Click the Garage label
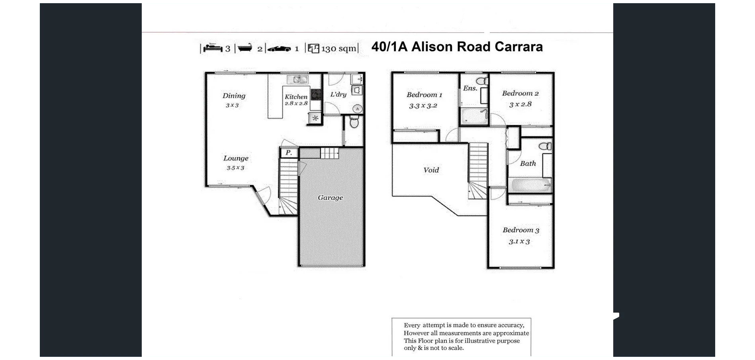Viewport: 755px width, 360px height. pos(330,198)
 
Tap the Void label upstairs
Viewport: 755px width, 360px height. pos(431,170)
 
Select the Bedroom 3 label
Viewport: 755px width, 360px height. pos(520,230)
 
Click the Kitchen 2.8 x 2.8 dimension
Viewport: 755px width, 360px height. pos(296,104)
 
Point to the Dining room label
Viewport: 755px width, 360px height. pos(234,96)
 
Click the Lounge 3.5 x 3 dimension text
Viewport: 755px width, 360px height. pos(235,168)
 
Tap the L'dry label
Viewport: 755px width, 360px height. pos(338,94)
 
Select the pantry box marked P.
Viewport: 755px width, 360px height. pos(289,153)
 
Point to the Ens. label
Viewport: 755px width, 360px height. pos(470,88)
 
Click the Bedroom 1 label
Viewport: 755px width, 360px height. pos(424,95)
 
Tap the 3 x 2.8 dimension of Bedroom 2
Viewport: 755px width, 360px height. pos(520,104)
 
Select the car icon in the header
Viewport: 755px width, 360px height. pos(279,49)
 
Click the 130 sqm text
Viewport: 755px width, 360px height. pos(338,49)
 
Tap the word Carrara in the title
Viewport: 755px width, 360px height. pos(518,47)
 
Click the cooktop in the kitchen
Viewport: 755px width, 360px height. pos(316,94)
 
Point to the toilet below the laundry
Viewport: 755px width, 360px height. pos(354,122)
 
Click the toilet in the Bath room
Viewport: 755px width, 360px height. pos(545,146)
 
